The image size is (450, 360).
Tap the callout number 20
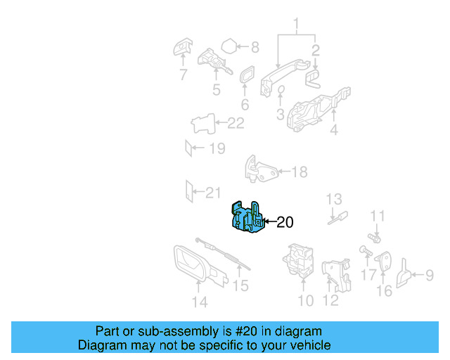click(285, 223)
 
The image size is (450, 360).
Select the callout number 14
click(200, 302)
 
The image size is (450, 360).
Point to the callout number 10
click(305, 302)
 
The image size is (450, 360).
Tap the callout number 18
click(300, 172)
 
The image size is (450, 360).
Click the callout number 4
click(333, 130)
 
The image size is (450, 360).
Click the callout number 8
click(255, 48)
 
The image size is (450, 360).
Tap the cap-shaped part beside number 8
click(229, 48)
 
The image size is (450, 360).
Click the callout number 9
click(429, 276)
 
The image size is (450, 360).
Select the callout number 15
click(240, 285)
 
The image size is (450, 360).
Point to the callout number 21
click(212, 191)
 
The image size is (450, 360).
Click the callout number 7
click(183, 75)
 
